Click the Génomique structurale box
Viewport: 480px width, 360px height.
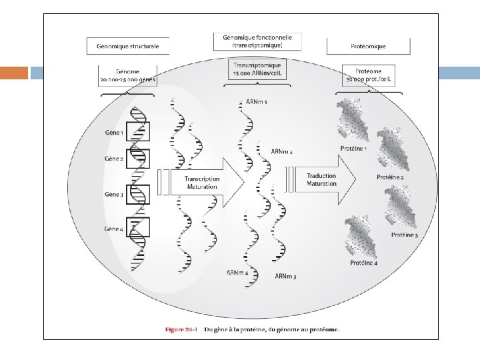[x=128, y=46]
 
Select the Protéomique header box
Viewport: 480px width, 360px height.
[x=367, y=46]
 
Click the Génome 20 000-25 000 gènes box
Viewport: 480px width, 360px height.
[x=128, y=73]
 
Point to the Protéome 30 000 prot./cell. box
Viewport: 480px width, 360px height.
[x=367, y=73]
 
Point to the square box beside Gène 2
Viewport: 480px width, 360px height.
[x=138, y=159]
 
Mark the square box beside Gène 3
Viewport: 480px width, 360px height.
[x=138, y=193]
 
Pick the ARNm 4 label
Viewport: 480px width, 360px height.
[x=238, y=272]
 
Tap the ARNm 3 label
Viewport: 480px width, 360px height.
[x=286, y=275]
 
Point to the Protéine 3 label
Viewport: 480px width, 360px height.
[x=404, y=235]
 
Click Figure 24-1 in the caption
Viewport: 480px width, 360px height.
[x=183, y=329]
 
